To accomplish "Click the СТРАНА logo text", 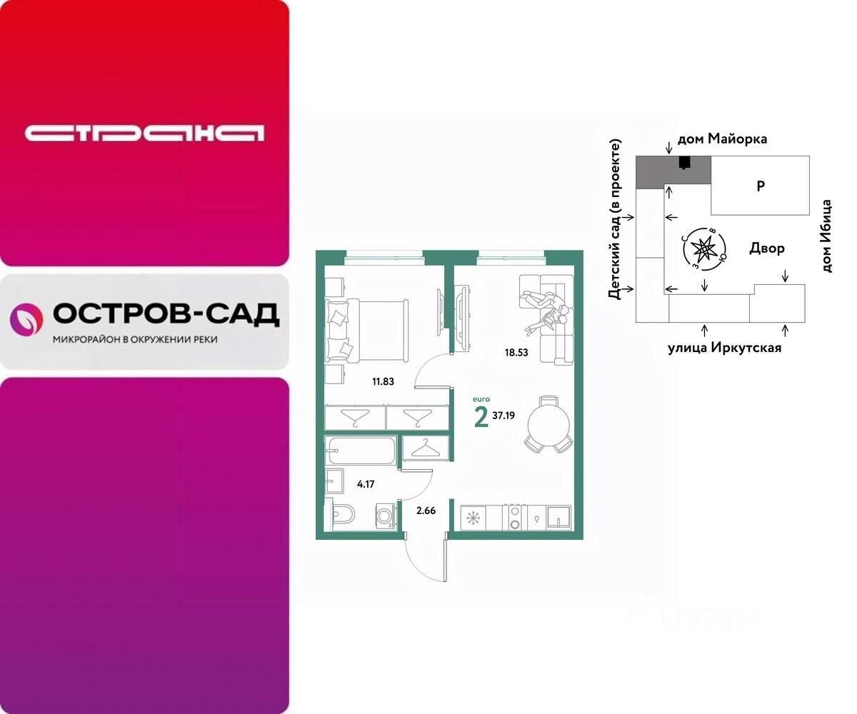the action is point(144,133).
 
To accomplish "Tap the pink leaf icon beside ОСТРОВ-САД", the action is point(26,318).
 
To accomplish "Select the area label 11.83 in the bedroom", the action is point(383,381).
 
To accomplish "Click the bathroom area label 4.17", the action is point(366,484).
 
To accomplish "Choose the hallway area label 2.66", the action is point(426,510).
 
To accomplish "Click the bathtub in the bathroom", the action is point(360,451).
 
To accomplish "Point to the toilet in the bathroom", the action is point(341,516).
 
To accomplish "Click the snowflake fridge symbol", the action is point(472,518).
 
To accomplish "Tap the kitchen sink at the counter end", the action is point(558,517).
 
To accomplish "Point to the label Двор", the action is point(767,248).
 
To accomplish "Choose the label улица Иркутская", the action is point(724,348).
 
